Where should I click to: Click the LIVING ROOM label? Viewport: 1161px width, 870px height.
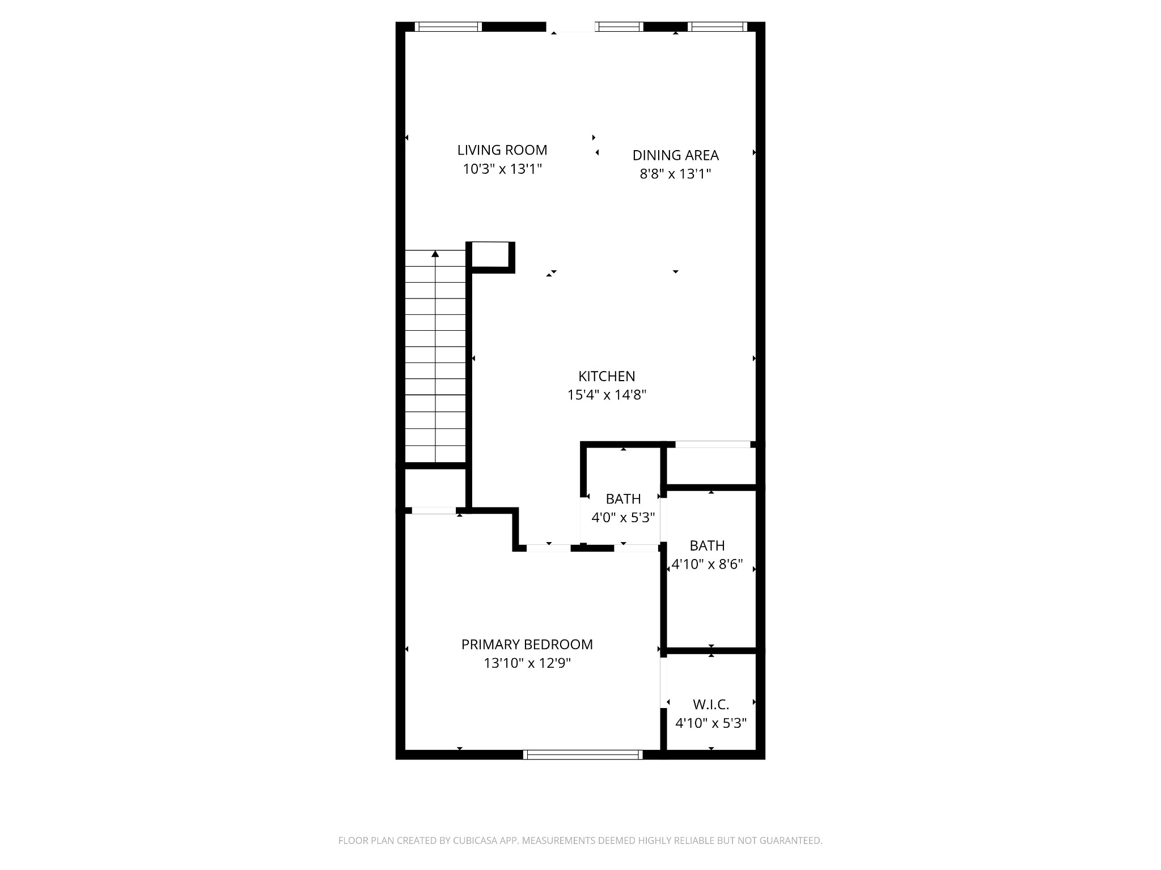[x=502, y=150]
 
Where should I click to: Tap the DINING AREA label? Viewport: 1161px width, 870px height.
[x=675, y=155]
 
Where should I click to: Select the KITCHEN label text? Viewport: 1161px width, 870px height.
[x=607, y=376]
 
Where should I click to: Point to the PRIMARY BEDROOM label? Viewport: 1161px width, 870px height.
[x=527, y=645]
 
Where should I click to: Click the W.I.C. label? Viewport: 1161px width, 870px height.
[x=711, y=705]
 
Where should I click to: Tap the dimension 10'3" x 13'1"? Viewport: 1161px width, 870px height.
[x=502, y=169]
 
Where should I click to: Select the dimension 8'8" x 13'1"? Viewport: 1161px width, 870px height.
[x=675, y=174]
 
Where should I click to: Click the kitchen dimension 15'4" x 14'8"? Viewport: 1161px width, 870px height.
[x=607, y=395]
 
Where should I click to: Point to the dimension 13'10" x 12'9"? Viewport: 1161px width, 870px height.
[x=527, y=663]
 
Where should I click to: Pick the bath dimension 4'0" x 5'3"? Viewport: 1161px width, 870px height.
[x=623, y=518]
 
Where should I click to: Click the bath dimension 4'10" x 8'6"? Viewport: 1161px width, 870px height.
[x=707, y=565]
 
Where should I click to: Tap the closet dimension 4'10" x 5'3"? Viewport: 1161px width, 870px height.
[x=711, y=723]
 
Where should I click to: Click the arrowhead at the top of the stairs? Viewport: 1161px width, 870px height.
[x=435, y=254]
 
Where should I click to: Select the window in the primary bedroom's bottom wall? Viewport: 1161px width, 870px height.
[x=583, y=754]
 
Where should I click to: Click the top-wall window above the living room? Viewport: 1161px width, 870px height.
[x=448, y=27]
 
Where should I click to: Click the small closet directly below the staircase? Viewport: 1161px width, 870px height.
[x=435, y=488]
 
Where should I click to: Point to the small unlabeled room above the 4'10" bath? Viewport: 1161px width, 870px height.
[x=711, y=466]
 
